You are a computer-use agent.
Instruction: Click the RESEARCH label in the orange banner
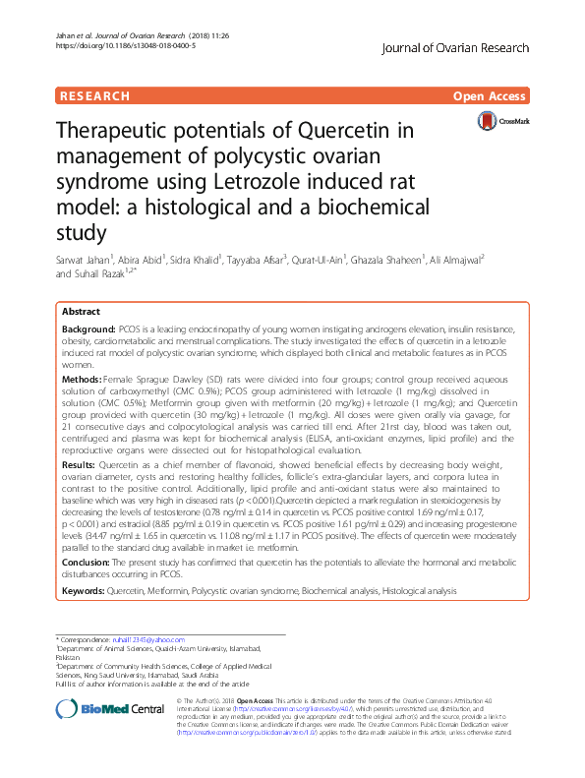[94, 96]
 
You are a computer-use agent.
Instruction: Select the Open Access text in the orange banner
[490, 96]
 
